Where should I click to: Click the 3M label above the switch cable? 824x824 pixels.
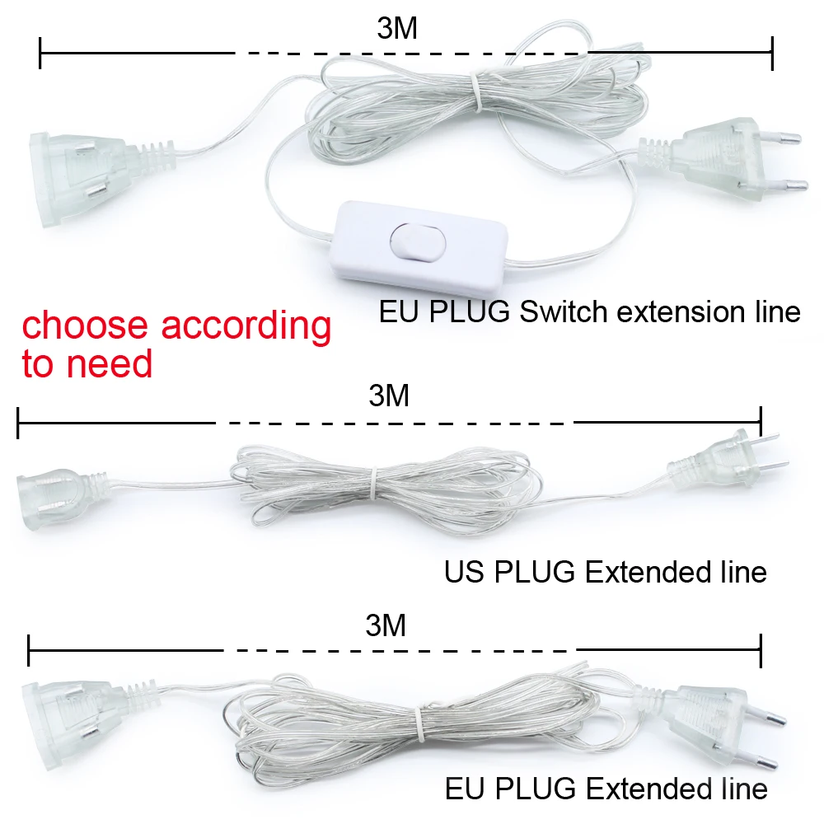point(397,28)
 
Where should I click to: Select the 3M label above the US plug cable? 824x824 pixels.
point(389,396)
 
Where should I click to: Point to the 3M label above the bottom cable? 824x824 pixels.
point(386,625)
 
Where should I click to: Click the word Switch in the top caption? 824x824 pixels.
point(564,311)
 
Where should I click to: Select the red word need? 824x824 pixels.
point(109,363)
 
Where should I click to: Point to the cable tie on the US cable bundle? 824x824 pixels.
point(373,483)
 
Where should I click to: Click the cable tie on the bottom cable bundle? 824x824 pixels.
point(419,725)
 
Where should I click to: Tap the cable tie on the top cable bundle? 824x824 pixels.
point(475,92)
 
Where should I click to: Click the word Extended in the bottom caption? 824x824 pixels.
point(645,789)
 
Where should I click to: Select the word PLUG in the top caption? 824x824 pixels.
point(470,311)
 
